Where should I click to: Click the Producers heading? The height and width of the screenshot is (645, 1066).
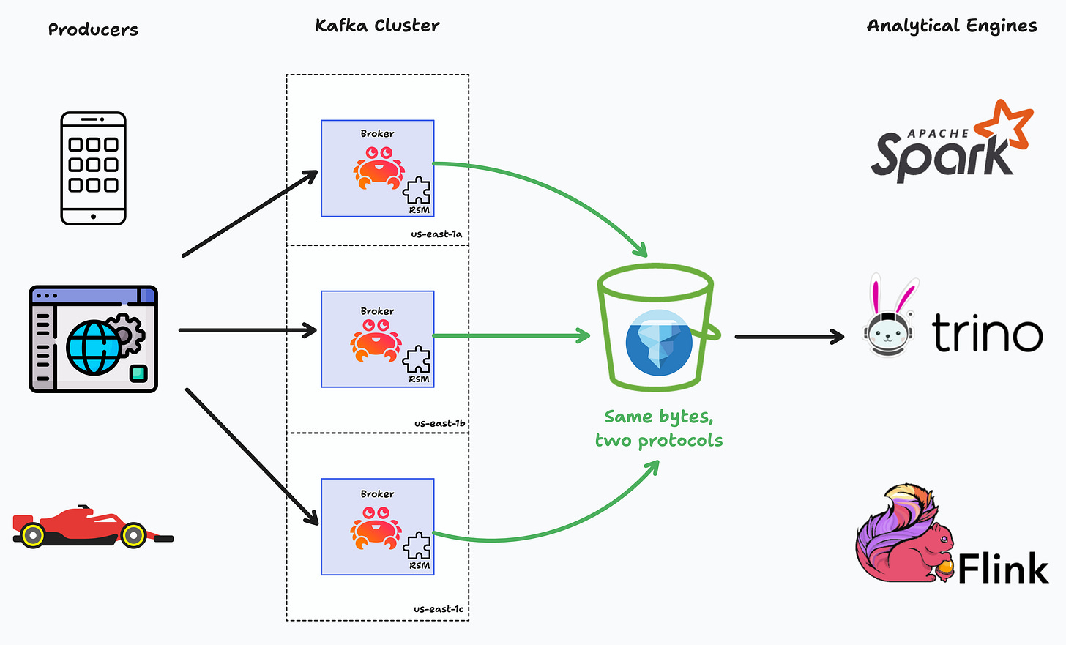(93, 30)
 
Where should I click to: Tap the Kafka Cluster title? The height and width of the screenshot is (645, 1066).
(377, 26)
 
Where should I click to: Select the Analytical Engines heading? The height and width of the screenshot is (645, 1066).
(952, 26)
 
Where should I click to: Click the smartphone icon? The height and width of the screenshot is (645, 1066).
(93, 168)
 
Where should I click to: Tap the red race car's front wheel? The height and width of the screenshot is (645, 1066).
(134, 535)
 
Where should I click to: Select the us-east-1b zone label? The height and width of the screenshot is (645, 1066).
(439, 423)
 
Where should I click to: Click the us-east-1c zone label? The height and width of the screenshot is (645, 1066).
(439, 609)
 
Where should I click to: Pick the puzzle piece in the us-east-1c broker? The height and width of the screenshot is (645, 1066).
(417, 546)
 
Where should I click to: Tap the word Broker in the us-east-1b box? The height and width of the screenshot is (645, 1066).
(377, 311)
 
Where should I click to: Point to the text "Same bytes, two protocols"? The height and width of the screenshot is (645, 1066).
(658, 428)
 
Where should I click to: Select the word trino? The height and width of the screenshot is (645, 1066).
(987, 334)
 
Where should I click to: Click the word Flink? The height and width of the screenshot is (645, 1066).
(1003, 569)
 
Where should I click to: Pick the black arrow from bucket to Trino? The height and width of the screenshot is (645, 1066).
(789, 337)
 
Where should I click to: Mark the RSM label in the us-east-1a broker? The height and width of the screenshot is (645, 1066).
(420, 210)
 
